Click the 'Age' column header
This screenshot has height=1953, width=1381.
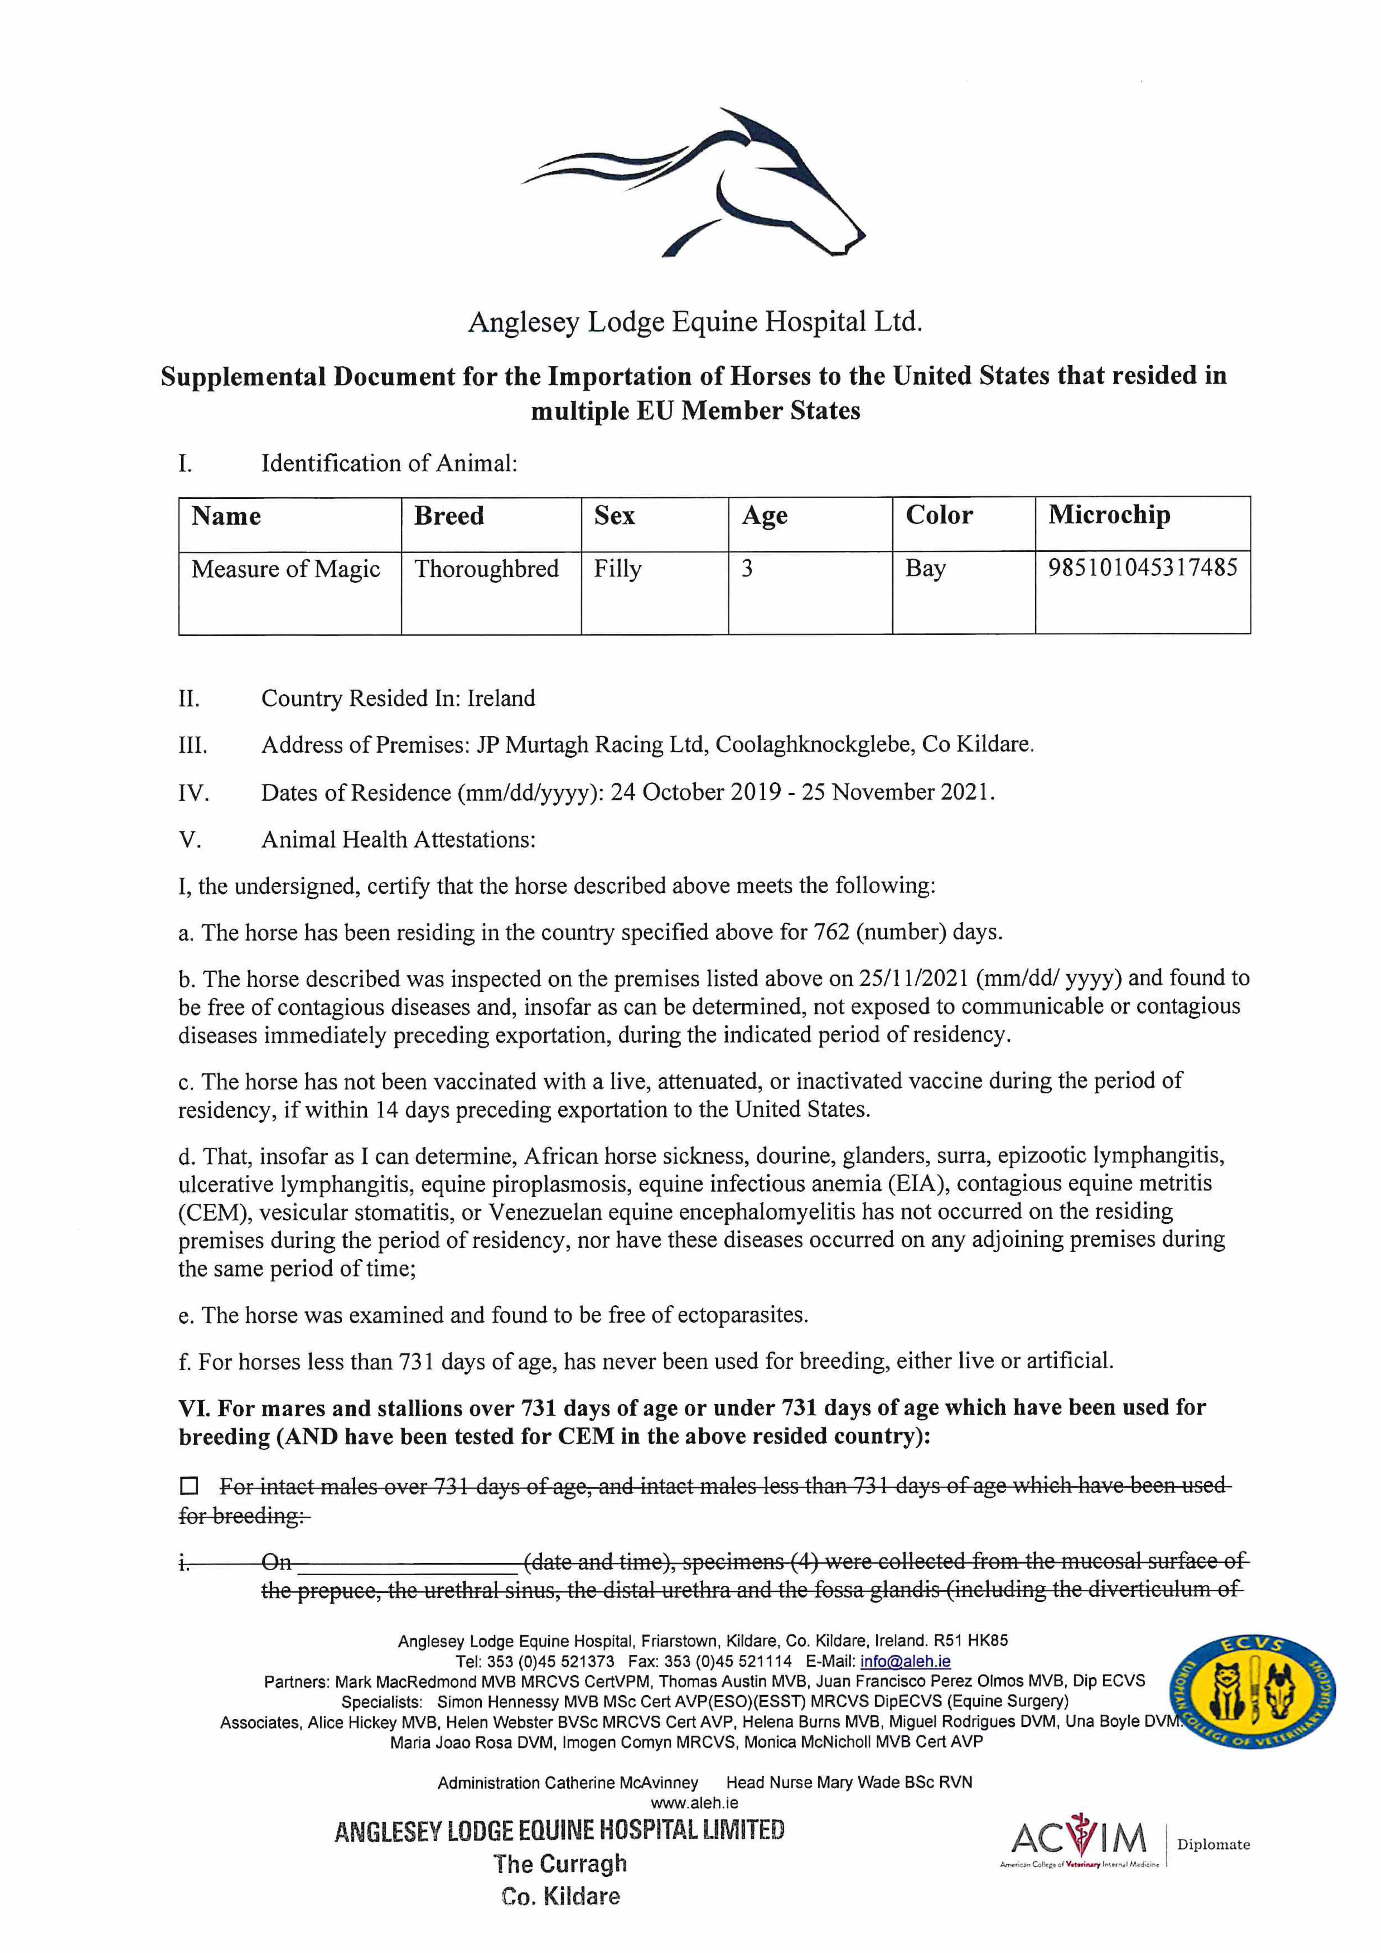click(764, 516)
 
